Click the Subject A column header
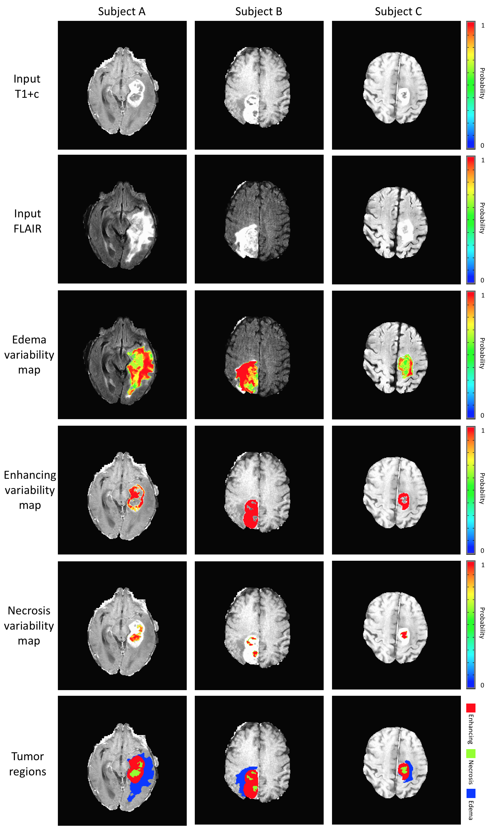[x=122, y=12]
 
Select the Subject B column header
[x=259, y=12]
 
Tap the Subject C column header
[x=398, y=12]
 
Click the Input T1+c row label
[x=27, y=86]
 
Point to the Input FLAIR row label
[x=27, y=221]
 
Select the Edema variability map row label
[x=29, y=354]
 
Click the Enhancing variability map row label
[x=30, y=490]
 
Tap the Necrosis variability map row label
[x=29, y=626]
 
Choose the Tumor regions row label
[x=27, y=764]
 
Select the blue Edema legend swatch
[x=471, y=793]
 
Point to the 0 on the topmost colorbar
[x=482, y=145]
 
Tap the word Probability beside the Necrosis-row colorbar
[x=482, y=623]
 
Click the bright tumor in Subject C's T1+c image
[x=404, y=96]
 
